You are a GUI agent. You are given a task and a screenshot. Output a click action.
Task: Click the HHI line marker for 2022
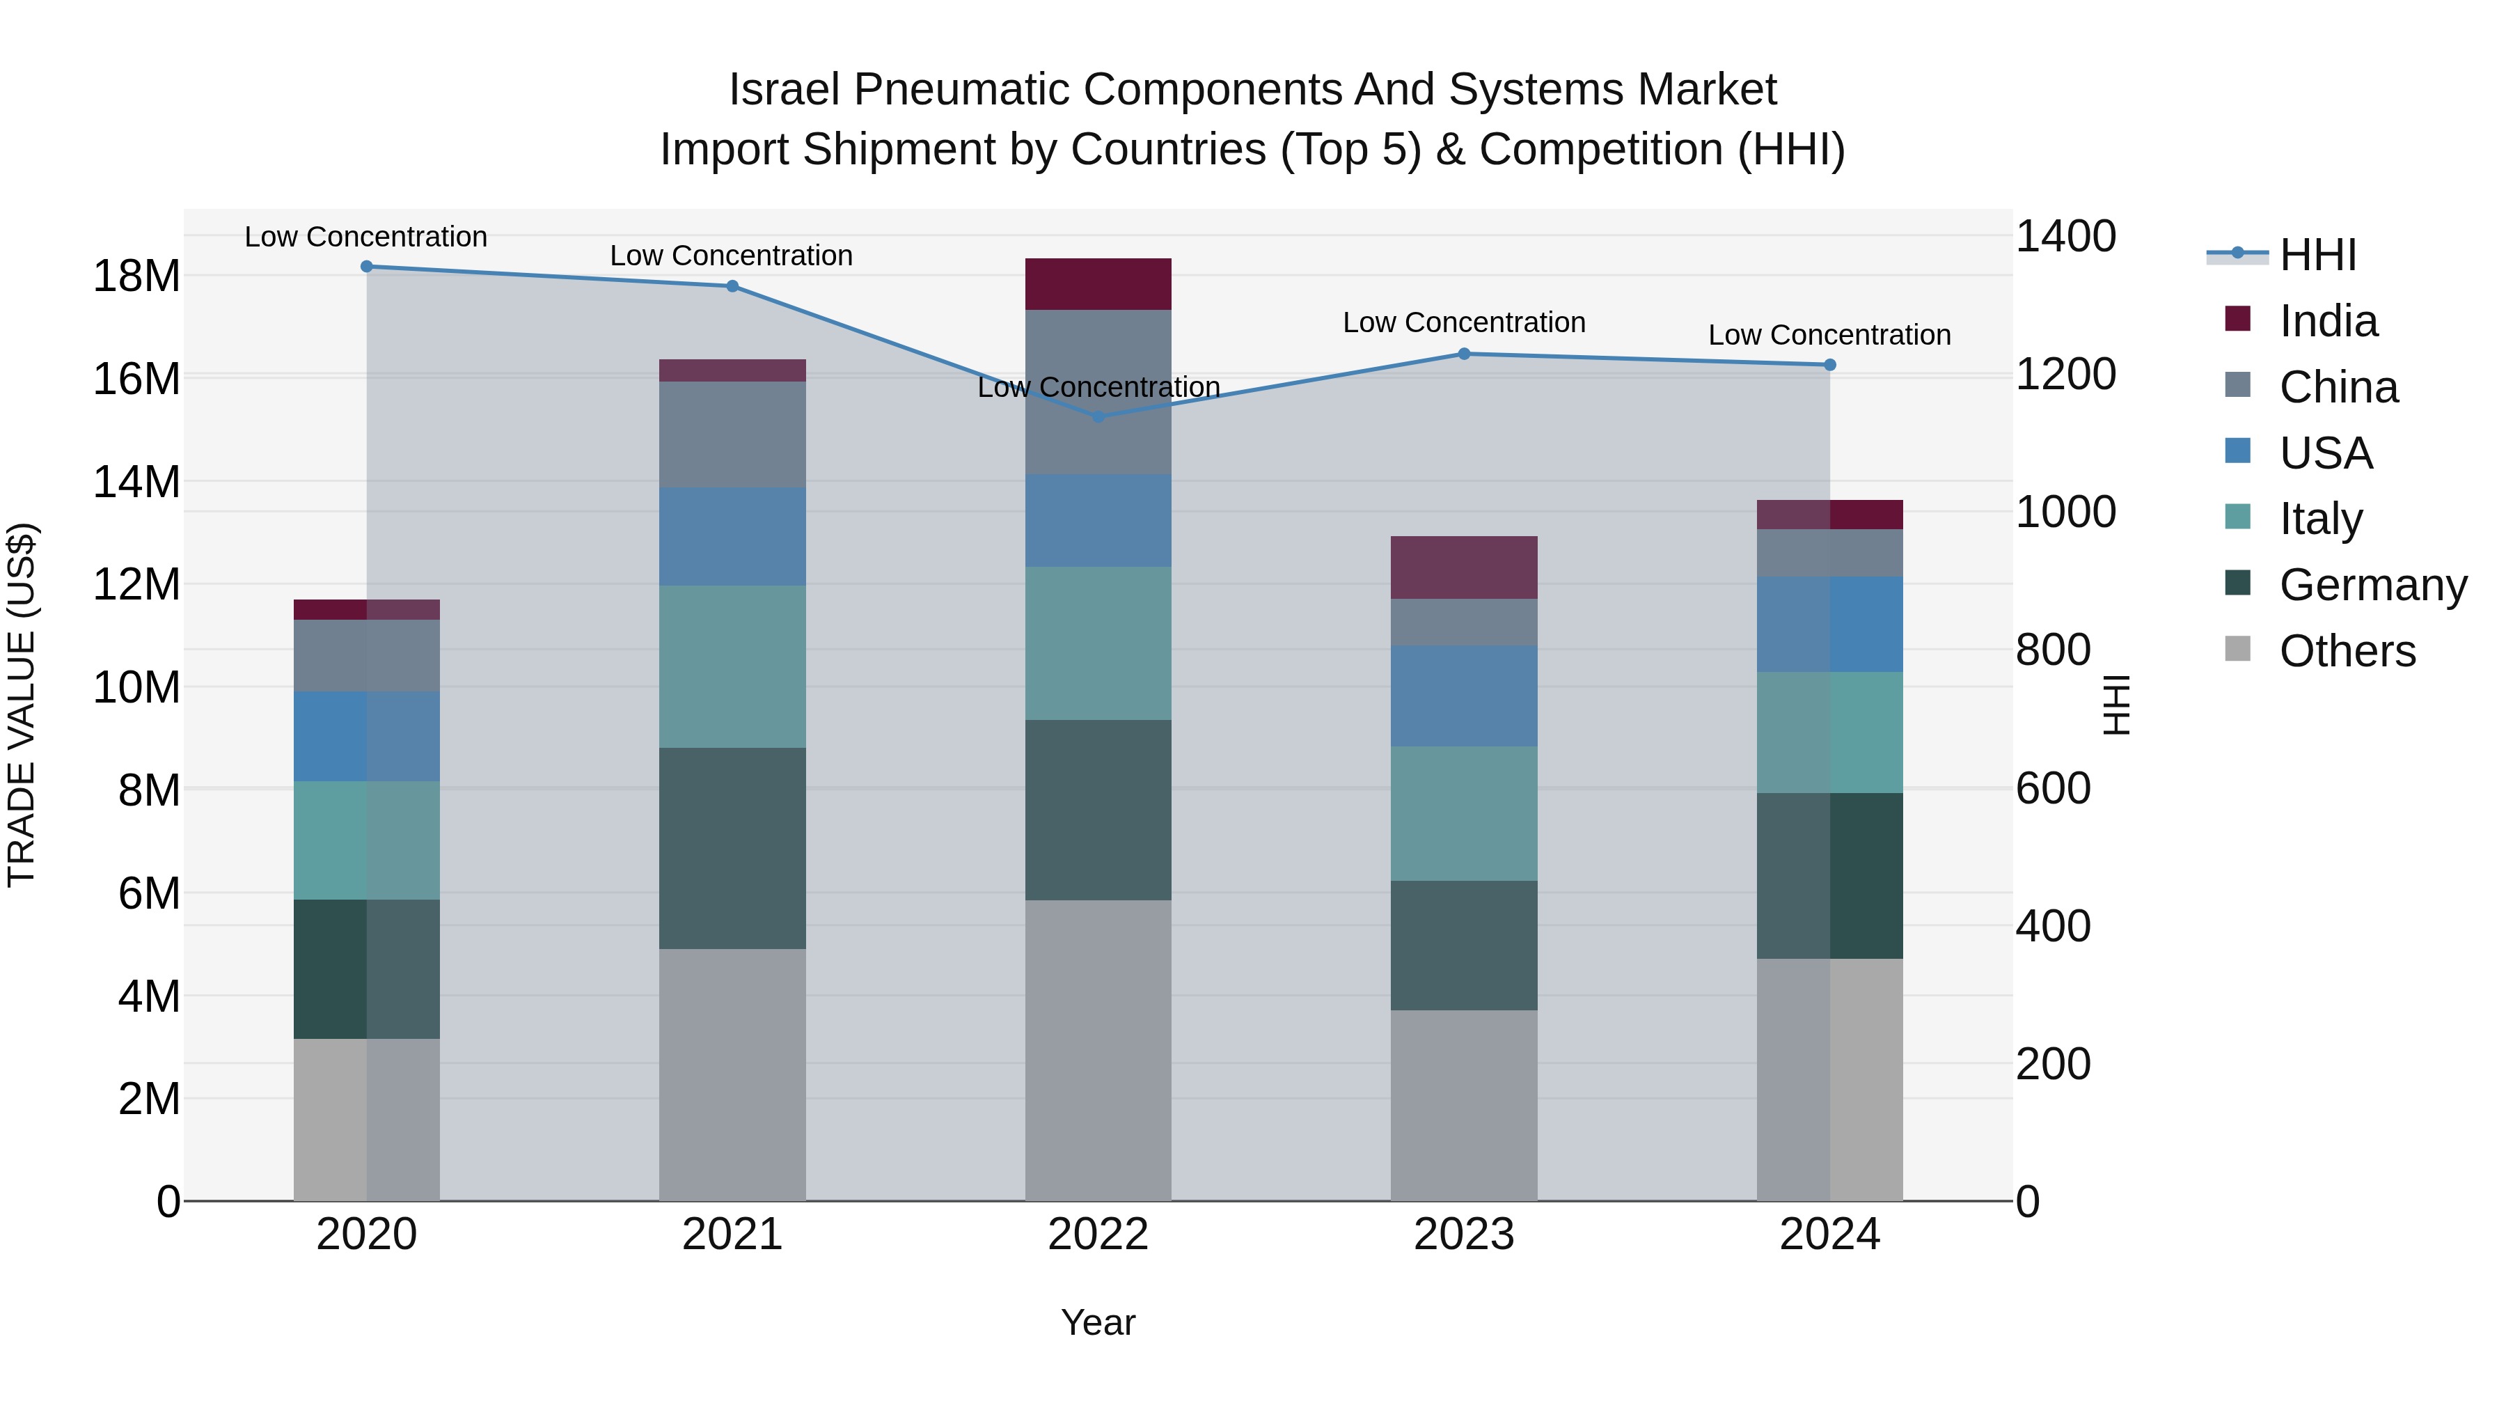pyautogui.click(x=1098, y=416)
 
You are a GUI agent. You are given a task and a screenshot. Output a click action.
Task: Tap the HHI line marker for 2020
pyautogui.click(x=367, y=267)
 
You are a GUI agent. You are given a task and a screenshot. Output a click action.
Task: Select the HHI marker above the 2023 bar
pyautogui.click(x=1464, y=354)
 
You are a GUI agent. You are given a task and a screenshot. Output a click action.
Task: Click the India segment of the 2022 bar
pyautogui.click(x=1098, y=284)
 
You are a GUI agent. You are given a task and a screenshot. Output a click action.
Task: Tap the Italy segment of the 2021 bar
pyautogui.click(x=732, y=666)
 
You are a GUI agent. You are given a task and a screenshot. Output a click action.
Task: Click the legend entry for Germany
pyautogui.click(x=2372, y=585)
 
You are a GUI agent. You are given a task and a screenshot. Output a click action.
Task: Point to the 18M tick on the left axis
pyautogui.click(x=136, y=276)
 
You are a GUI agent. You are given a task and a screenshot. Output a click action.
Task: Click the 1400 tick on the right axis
pyautogui.click(x=2065, y=237)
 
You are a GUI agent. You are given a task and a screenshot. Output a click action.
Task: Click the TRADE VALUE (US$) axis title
pyautogui.click(x=22, y=705)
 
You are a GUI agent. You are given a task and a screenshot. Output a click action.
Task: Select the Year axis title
pyautogui.click(x=1098, y=1322)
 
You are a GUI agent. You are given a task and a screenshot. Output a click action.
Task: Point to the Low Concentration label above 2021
pyautogui.click(x=732, y=256)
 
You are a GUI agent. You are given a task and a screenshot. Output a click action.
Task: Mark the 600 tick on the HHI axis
pyautogui.click(x=2053, y=788)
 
